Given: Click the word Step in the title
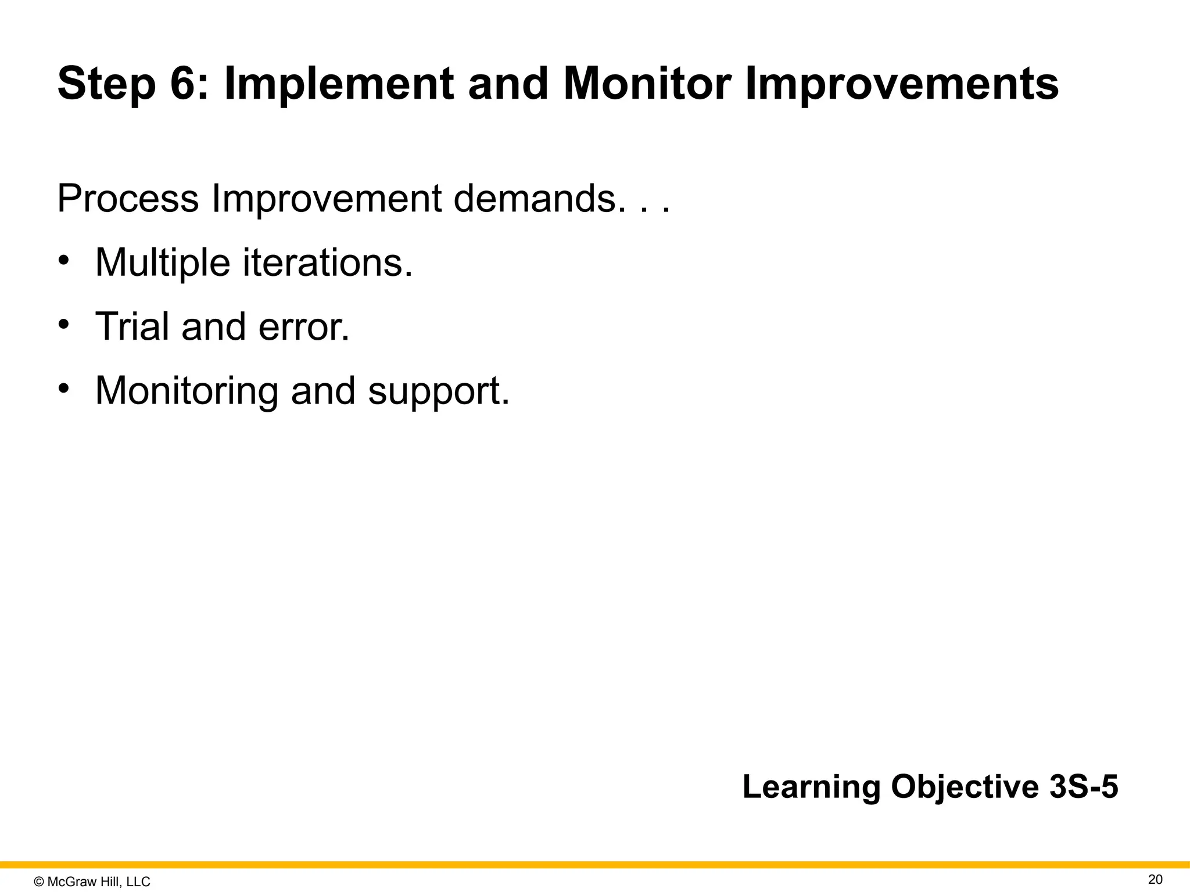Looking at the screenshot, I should [x=106, y=85].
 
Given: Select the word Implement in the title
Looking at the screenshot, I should [x=338, y=85].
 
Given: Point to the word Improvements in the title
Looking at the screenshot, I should [x=902, y=85].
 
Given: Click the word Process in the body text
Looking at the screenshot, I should [x=128, y=199].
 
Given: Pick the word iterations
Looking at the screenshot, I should [x=327, y=262].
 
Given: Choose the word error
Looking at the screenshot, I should [x=303, y=328].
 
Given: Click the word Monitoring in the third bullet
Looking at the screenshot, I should [x=187, y=391].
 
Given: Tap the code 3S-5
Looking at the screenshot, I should [x=1084, y=787].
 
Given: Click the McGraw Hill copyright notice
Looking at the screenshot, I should [x=92, y=882].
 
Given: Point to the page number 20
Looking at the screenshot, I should [x=1155, y=879].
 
